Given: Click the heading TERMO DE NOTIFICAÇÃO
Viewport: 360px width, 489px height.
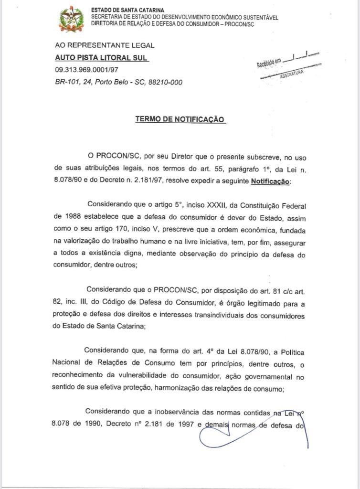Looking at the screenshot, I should coord(180,119).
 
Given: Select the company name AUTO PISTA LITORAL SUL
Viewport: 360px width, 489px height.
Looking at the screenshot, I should coord(102,58).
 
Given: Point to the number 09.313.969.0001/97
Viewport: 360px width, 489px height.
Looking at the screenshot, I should coord(86,70).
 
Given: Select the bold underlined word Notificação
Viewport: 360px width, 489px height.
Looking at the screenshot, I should coord(270,181).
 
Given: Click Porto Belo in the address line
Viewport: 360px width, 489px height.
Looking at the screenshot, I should coord(112,82).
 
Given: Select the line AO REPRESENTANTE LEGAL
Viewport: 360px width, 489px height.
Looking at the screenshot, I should coord(105,45).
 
